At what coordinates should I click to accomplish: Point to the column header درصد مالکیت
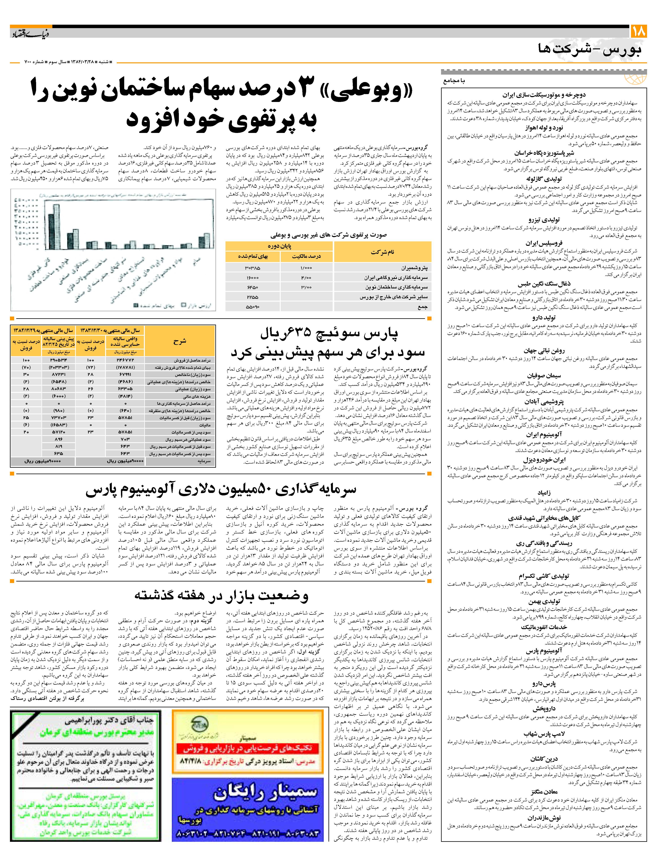(x=306, y=256)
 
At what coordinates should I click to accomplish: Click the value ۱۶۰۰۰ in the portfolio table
(x=253, y=277)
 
